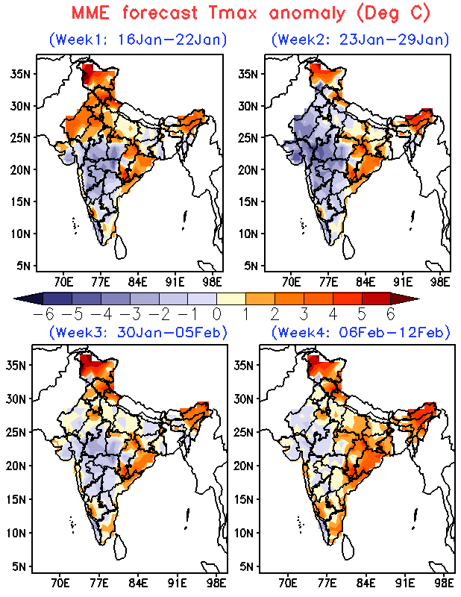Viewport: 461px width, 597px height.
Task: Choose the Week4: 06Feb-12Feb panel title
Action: [x=360, y=331]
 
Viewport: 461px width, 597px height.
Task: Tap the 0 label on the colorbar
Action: [x=217, y=314]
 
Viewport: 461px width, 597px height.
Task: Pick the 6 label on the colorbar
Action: [x=390, y=314]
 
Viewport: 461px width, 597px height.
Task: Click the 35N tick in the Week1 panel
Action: [x=22, y=73]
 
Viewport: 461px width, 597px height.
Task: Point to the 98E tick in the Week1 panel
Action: [x=213, y=282]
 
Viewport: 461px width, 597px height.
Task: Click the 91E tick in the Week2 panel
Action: [x=403, y=282]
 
